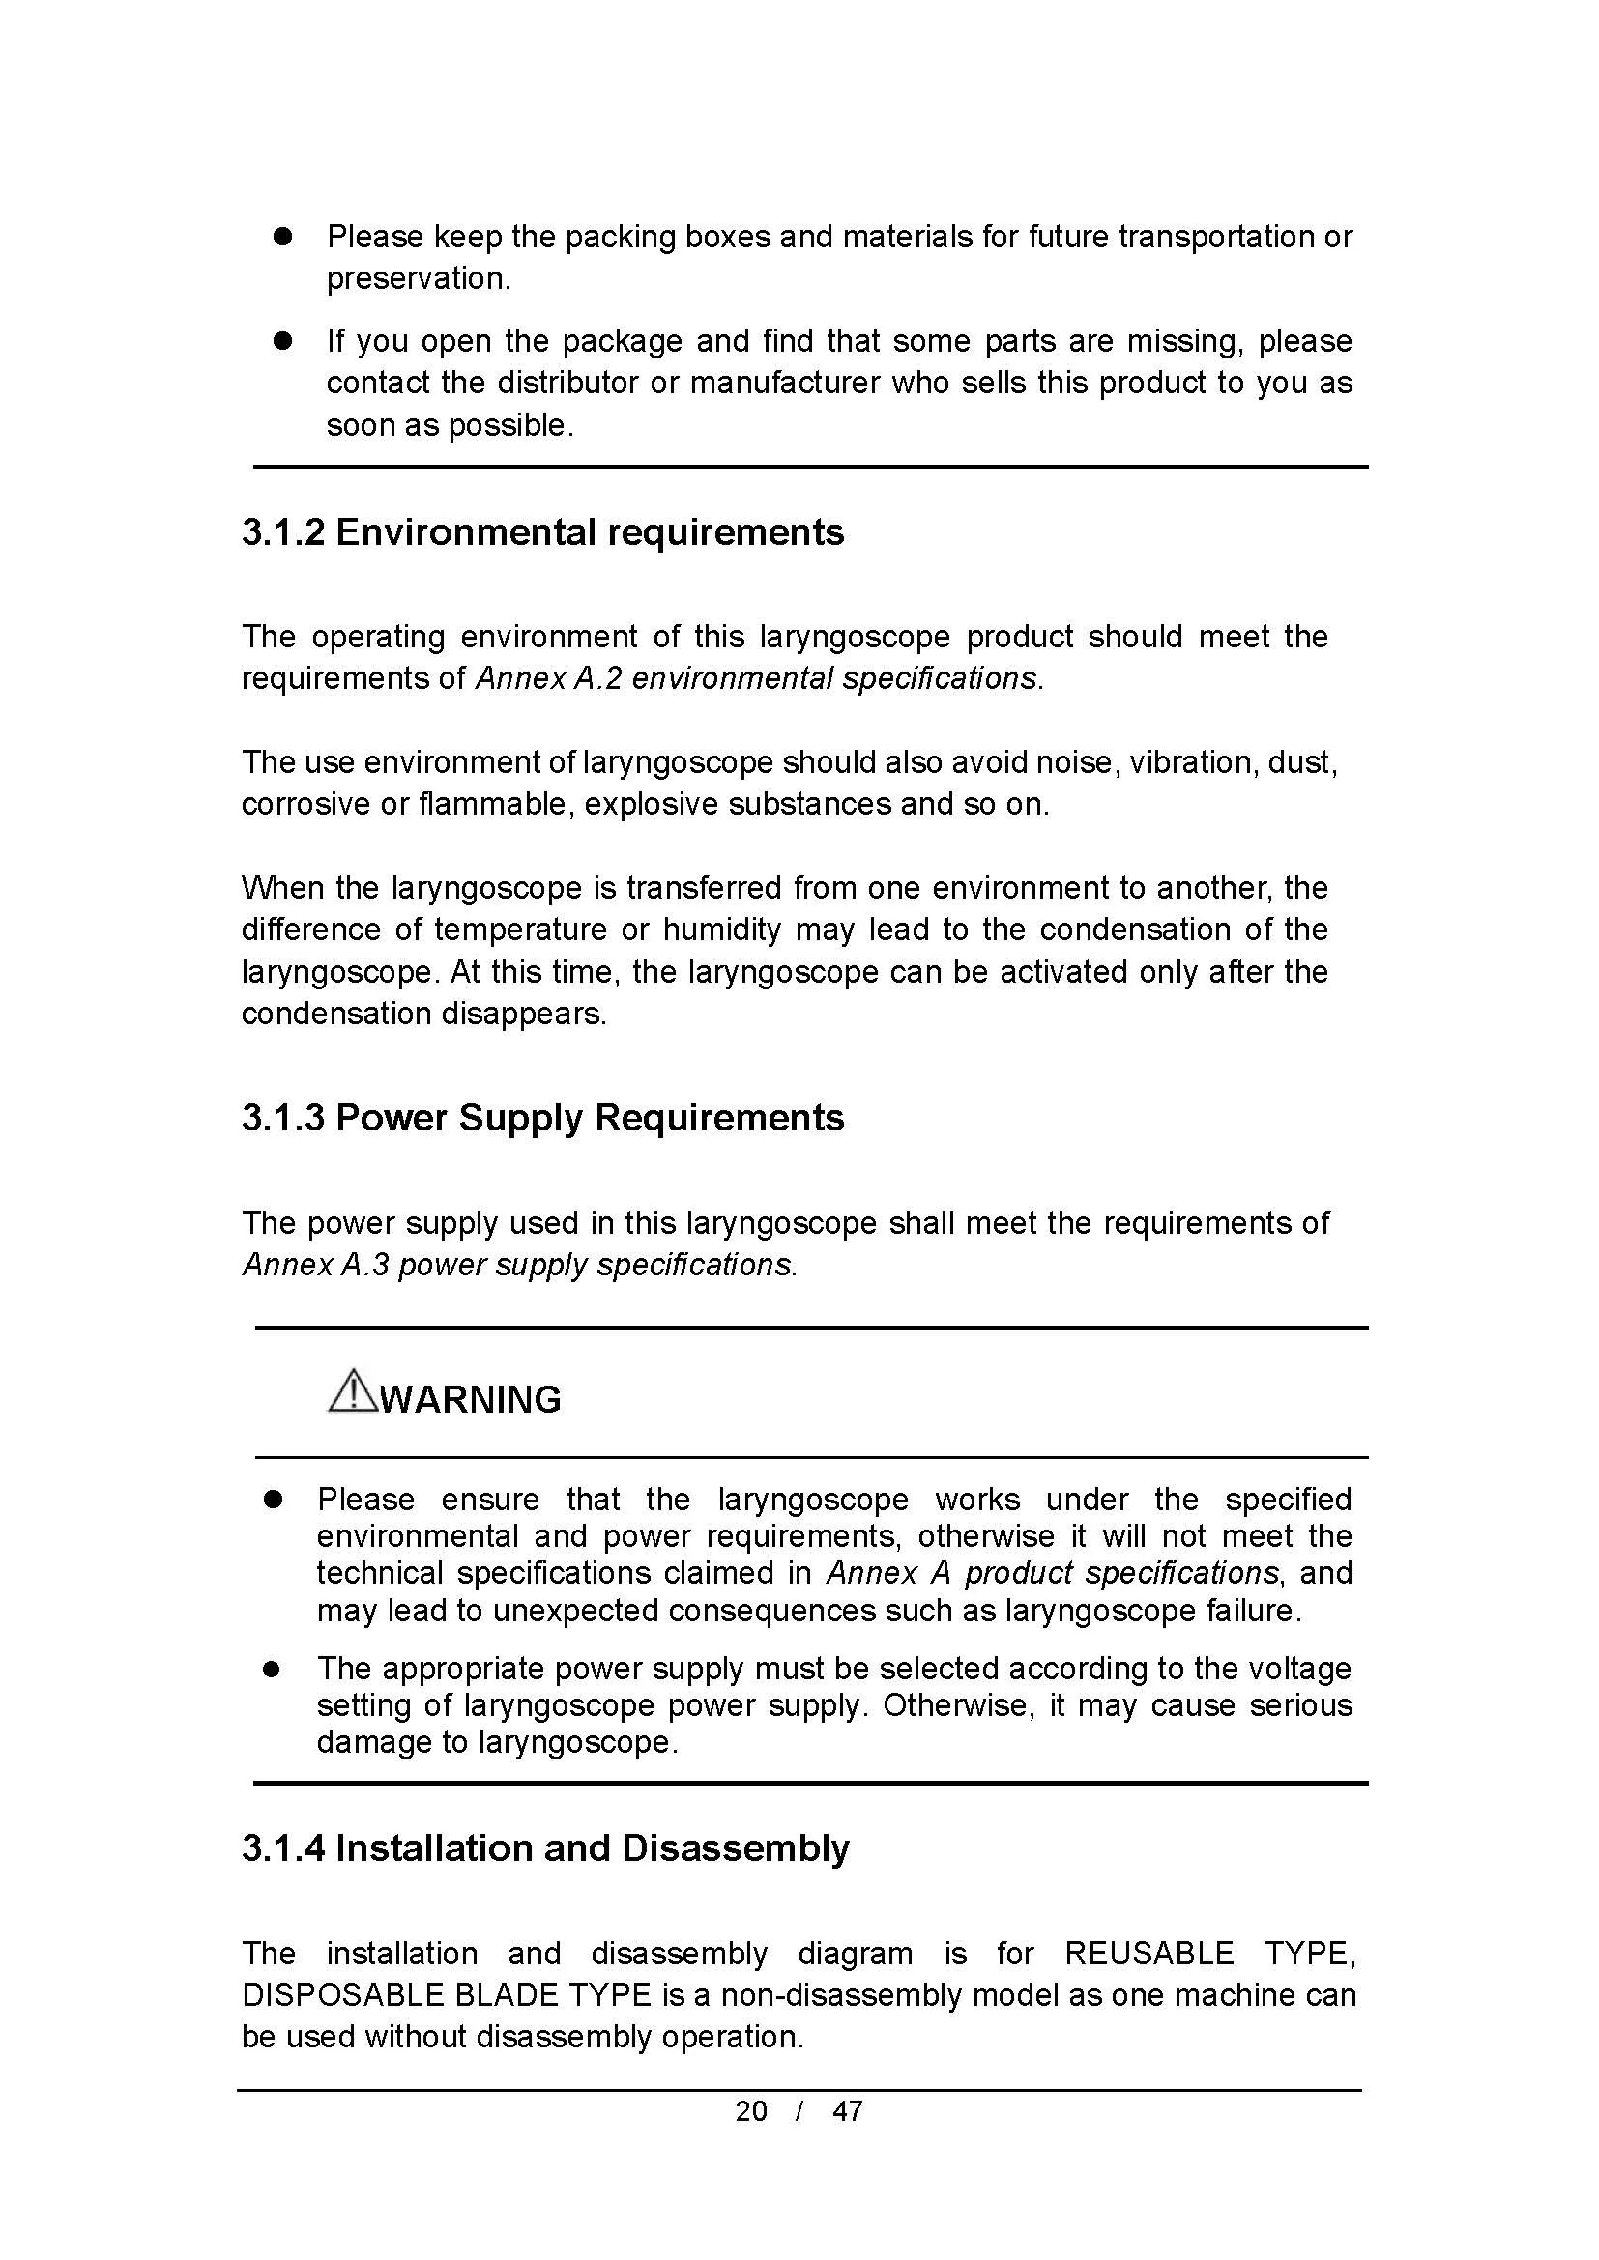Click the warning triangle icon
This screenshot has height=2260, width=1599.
[x=352, y=1391]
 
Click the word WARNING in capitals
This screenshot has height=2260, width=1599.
[x=471, y=1400]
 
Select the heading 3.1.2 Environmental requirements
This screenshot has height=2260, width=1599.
[x=542, y=532]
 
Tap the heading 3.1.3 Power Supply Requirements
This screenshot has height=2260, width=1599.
[x=542, y=1118]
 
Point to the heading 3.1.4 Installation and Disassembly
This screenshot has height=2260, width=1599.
[x=545, y=1848]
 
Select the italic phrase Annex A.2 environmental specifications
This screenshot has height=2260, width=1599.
[x=756, y=679]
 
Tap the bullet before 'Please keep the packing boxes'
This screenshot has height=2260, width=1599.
[x=283, y=238]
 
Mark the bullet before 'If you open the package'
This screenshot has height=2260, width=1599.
[x=283, y=341]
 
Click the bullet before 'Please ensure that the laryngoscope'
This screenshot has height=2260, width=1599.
[x=274, y=1501]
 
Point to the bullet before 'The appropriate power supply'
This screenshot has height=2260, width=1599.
[x=274, y=1670]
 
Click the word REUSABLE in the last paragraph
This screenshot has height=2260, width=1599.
[x=1149, y=1954]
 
